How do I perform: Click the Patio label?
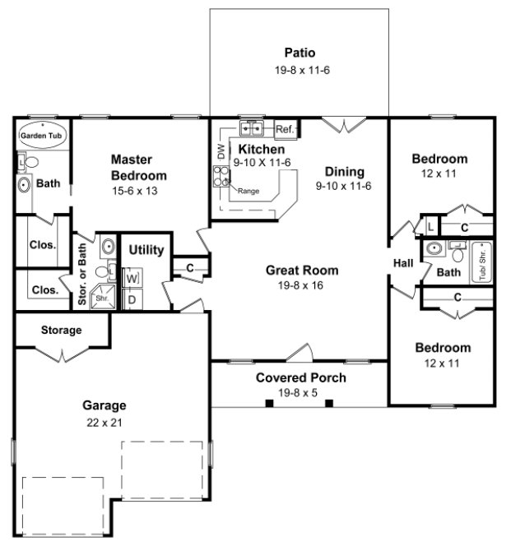pos(300,53)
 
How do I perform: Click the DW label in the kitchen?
pos(221,151)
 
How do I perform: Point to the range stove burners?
pos(222,175)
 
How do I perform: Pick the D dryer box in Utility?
pos(132,299)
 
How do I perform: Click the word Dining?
pos(344,172)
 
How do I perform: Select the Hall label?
pos(403,263)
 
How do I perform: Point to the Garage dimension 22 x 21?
pos(104,423)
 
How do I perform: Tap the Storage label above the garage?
pos(62,331)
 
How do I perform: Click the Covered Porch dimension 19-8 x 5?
pos(300,393)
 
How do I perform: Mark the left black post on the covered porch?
pos(269,403)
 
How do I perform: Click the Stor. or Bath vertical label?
pos(83,274)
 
